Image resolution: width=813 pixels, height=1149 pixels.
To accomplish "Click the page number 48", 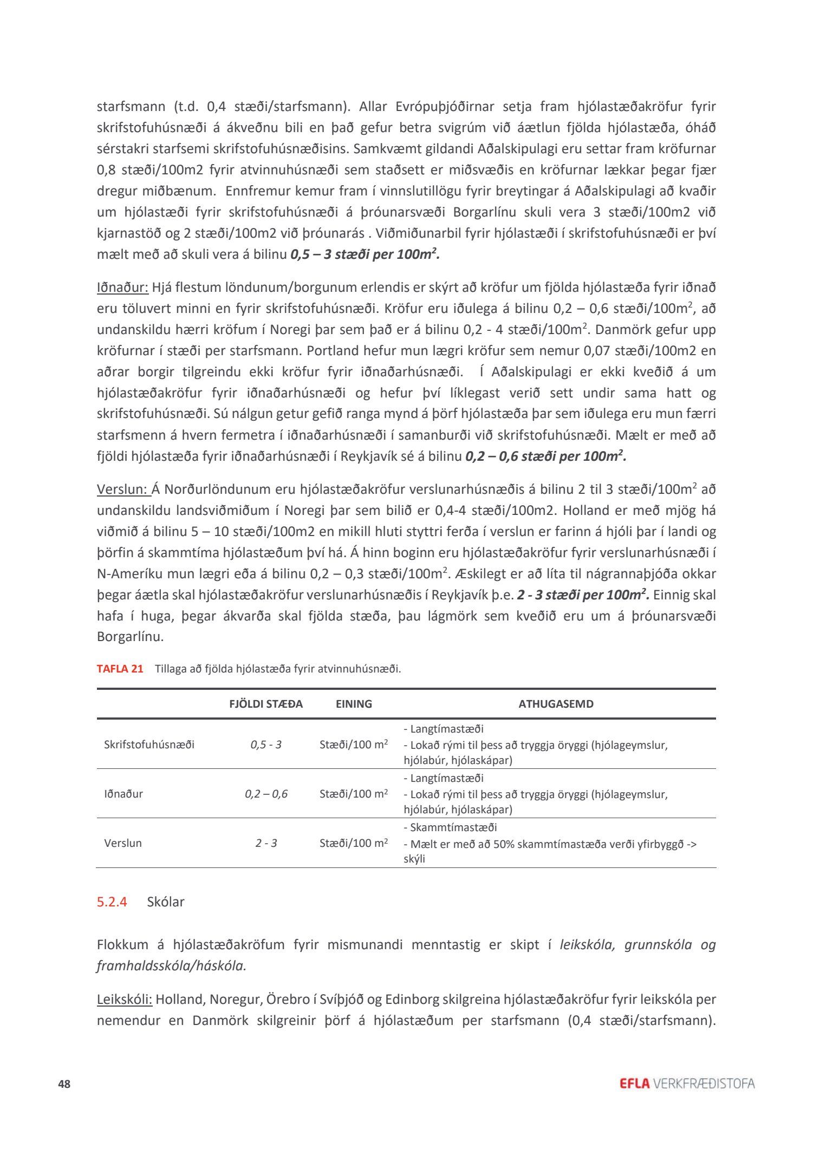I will [x=64, y=1084].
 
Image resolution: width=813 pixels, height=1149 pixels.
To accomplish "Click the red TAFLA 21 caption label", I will [x=120, y=669].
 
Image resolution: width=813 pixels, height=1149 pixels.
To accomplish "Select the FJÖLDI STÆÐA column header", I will [x=266, y=704].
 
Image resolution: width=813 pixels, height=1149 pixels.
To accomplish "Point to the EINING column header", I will [x=354, y=704].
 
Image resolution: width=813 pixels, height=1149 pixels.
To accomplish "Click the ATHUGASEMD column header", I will [x=556, y=704].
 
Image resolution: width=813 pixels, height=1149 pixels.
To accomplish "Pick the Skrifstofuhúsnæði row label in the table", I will [x=149, y=745].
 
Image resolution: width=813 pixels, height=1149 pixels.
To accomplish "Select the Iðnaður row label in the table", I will [x=123, y=794].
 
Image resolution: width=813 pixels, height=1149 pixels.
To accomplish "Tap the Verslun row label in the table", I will [x=123, y=843].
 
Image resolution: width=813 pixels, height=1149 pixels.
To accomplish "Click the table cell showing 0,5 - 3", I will [x=266, y=745].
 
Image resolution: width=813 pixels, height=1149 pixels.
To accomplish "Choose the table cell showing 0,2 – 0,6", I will [x=266, y=794].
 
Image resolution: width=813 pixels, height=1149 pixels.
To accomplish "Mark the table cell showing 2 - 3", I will [x=266, y=843].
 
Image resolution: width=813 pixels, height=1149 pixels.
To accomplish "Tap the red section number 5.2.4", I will [x=112, y=902].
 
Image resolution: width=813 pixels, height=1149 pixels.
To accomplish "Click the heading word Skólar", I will [x=166, y=902].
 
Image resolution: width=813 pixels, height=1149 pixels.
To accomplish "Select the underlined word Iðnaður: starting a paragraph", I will [x=122, y=287].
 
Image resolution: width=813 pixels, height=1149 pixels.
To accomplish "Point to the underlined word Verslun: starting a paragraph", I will [x=123, y=489].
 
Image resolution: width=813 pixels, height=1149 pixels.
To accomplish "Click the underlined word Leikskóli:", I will [x=125, y=999].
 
